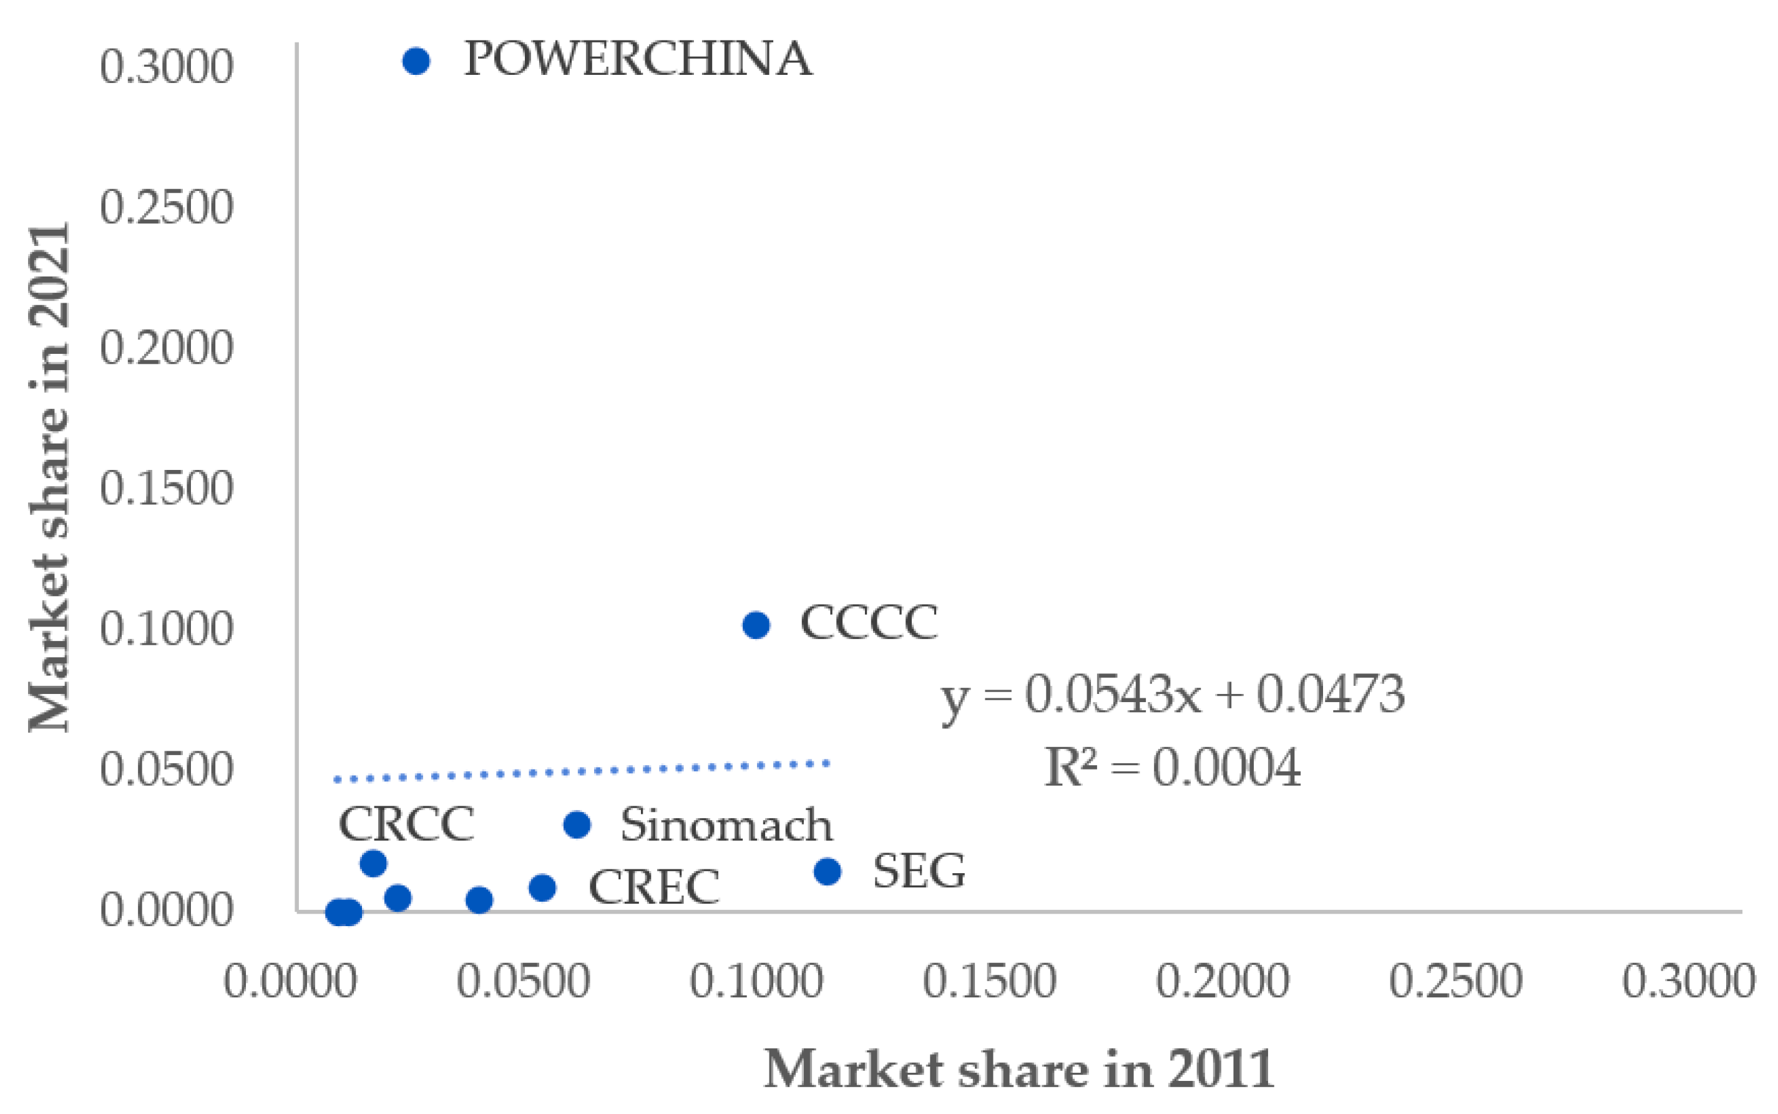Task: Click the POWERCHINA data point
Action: [x=416, y=61]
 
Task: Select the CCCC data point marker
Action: [x=756, y=625]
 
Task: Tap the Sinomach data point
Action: [x=577, y=824]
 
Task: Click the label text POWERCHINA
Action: [x=638, y=59]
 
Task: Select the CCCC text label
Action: [x=869, y=623]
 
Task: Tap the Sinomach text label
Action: [x=726, y=824]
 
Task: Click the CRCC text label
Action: [x=406, y=824]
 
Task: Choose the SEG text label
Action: [x=919, y=872]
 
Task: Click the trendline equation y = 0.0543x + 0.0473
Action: [x=1173, y=695]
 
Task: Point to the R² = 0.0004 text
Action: [x=1173, y=768]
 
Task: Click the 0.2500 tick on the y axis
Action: [x=167, y=207]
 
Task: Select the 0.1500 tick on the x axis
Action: [x=989, y=981]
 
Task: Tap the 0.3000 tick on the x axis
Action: [x=1688, y=981]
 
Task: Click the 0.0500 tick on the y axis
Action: [x=167, y=770]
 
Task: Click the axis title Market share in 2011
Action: [x=1018, y=1069]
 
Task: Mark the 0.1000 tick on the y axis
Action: [x=167, y=629]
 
